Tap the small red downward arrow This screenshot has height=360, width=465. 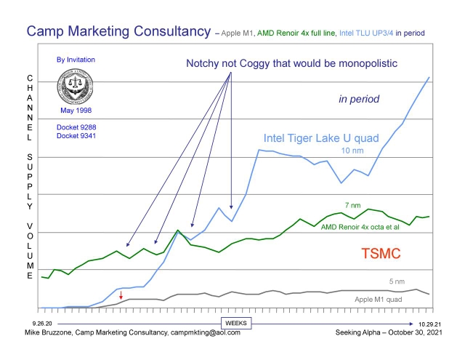(x=121, y=295)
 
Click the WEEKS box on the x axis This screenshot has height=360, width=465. (x=235, y=322)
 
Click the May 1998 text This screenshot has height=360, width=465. (x=76, y=111)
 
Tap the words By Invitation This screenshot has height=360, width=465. (x=76, y=60)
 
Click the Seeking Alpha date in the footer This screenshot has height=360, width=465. (x=384, y=332)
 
